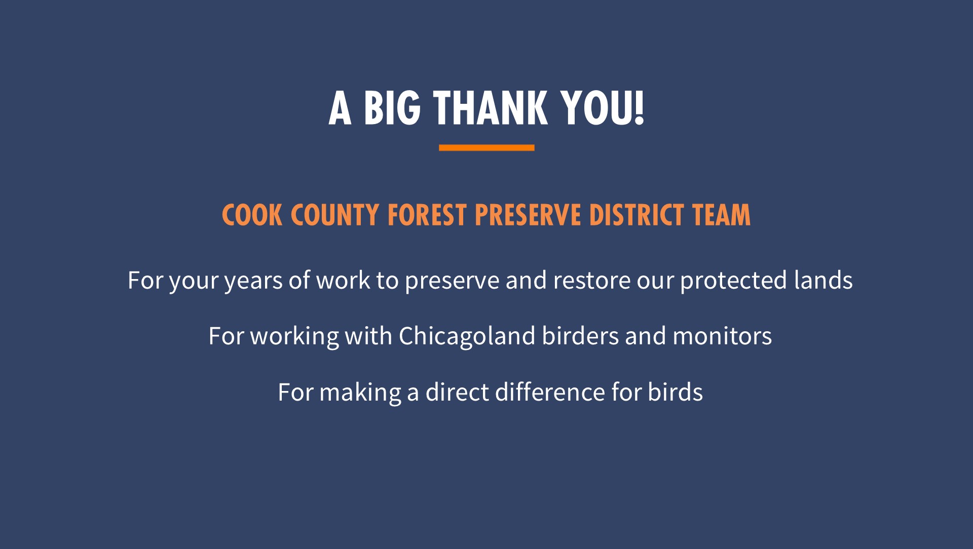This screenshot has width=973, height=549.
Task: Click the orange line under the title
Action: click(486, 147)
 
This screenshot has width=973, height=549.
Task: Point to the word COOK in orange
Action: click(252, 215)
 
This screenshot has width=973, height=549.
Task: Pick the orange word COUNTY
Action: click(335, 215)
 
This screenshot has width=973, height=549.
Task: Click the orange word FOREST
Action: click(427, 215)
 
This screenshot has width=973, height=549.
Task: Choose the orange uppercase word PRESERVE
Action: click(528, 215)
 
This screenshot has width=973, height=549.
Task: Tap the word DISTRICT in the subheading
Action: click(637, 215)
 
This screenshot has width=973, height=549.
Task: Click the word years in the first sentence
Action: click(253, 281)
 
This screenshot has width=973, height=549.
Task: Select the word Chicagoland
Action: click(467, 336)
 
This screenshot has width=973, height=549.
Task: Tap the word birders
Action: click(580, 336)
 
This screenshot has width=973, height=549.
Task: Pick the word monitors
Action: click(722, 336)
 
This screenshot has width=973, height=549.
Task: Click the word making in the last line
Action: click(360, 393)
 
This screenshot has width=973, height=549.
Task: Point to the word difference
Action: click(550, 392)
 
